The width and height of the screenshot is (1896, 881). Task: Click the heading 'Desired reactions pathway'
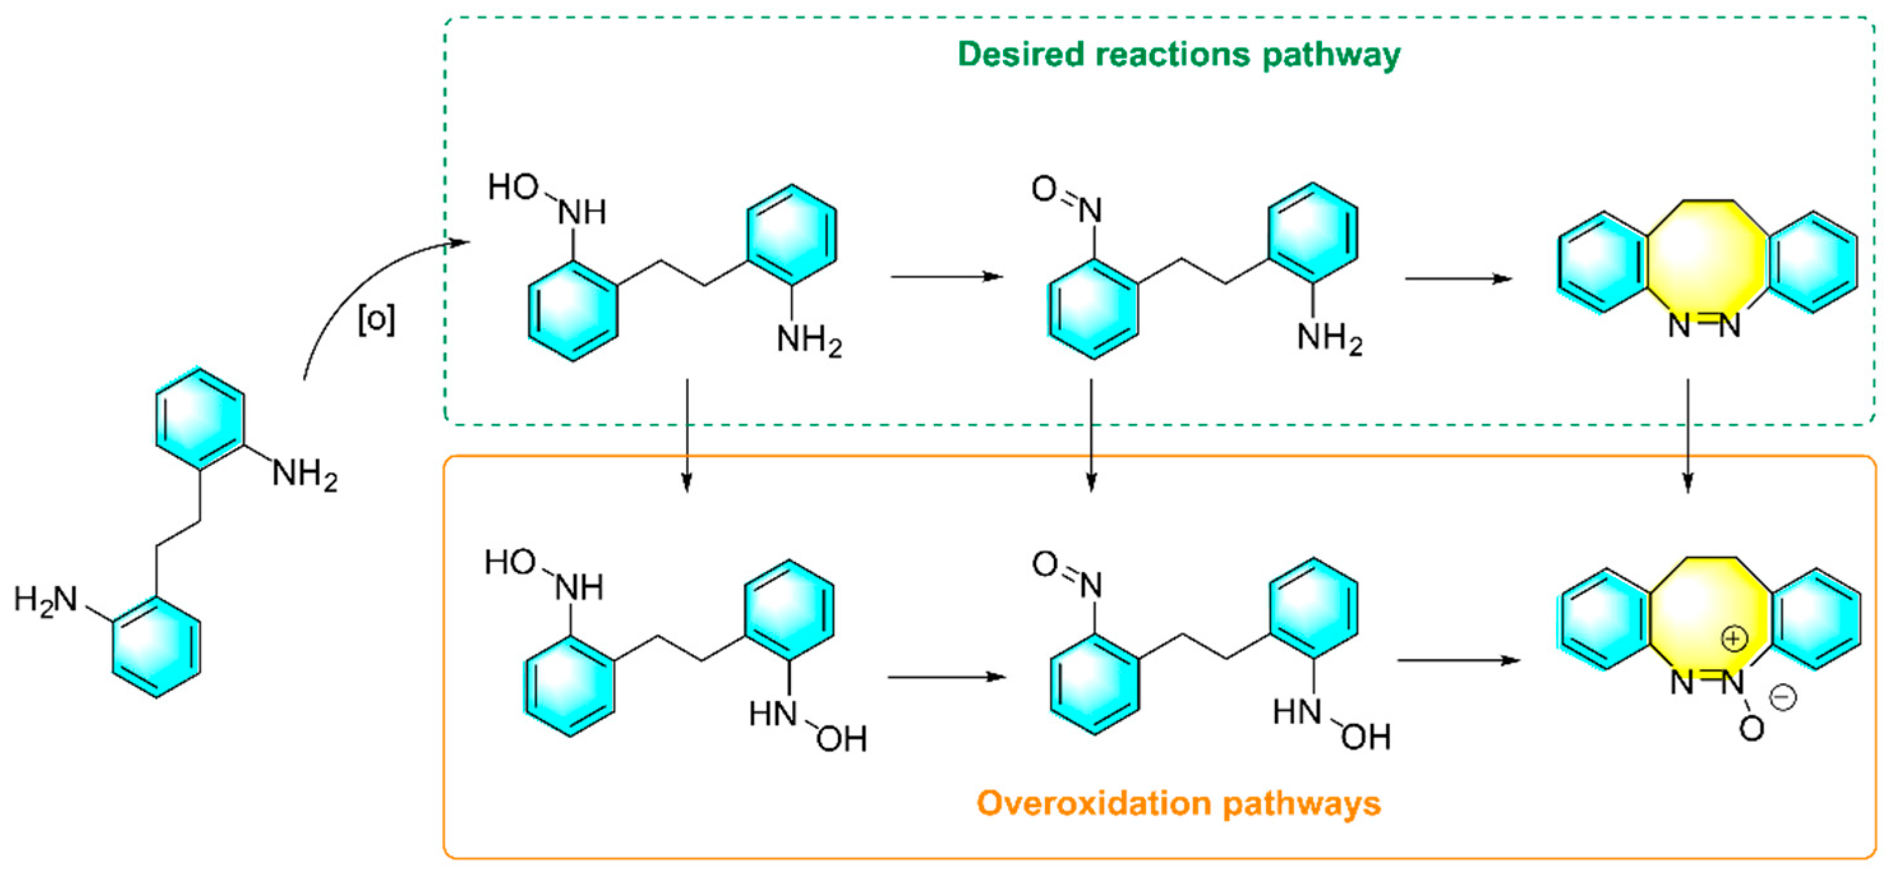(x=1178, y=55)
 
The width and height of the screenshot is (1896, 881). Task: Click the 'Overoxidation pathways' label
(x=1178, y=803)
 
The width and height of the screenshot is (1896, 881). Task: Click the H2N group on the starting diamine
(x=45, y=600)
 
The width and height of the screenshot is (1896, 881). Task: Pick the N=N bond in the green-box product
(x=1704, y=324)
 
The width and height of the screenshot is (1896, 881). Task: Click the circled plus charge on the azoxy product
(x=1734, y=638)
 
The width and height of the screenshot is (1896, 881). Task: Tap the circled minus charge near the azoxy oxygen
(x=1782, y=697)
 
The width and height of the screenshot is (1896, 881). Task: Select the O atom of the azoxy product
(x=1752, y=728)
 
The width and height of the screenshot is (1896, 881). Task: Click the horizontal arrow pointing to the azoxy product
(x=1458, y=660)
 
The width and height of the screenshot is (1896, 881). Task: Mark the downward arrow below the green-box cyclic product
(x=1688, y=434)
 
